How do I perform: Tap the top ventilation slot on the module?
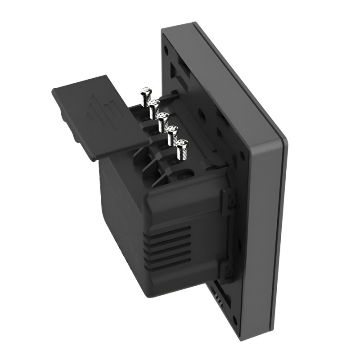[169, 229]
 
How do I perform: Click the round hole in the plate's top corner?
[167, 46]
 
